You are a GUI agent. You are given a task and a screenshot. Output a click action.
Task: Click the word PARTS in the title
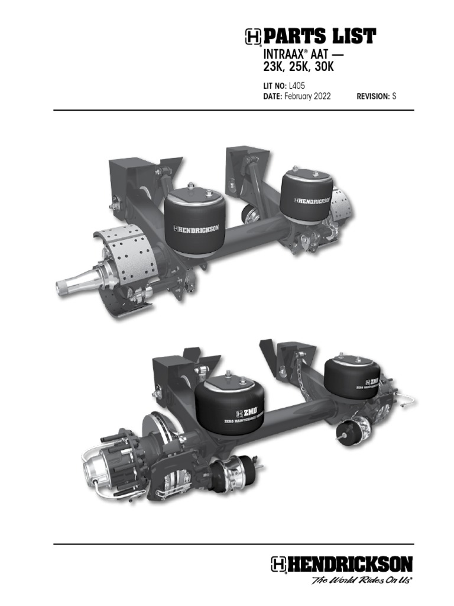pyautogui.click(x=293, y=37)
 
